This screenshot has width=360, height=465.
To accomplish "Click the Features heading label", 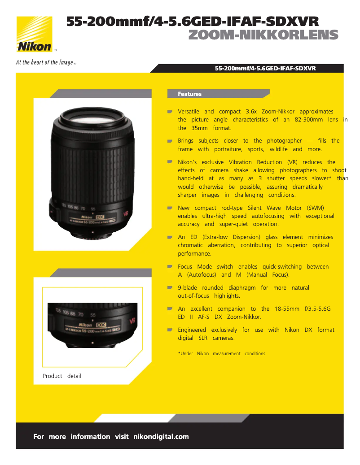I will coord(189,94).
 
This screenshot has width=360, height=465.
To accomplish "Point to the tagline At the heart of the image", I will coord(45,62).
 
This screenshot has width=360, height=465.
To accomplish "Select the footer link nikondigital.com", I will coord(161,437).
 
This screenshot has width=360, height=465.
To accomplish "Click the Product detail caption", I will coord(62,376).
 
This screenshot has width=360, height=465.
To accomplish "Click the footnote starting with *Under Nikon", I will coord(222,354).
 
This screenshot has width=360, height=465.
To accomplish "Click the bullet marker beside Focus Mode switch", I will coord(170,267).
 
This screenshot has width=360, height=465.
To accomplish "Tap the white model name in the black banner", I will coord(265,69).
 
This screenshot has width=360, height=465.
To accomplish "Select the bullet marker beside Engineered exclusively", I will coord(170,330).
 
